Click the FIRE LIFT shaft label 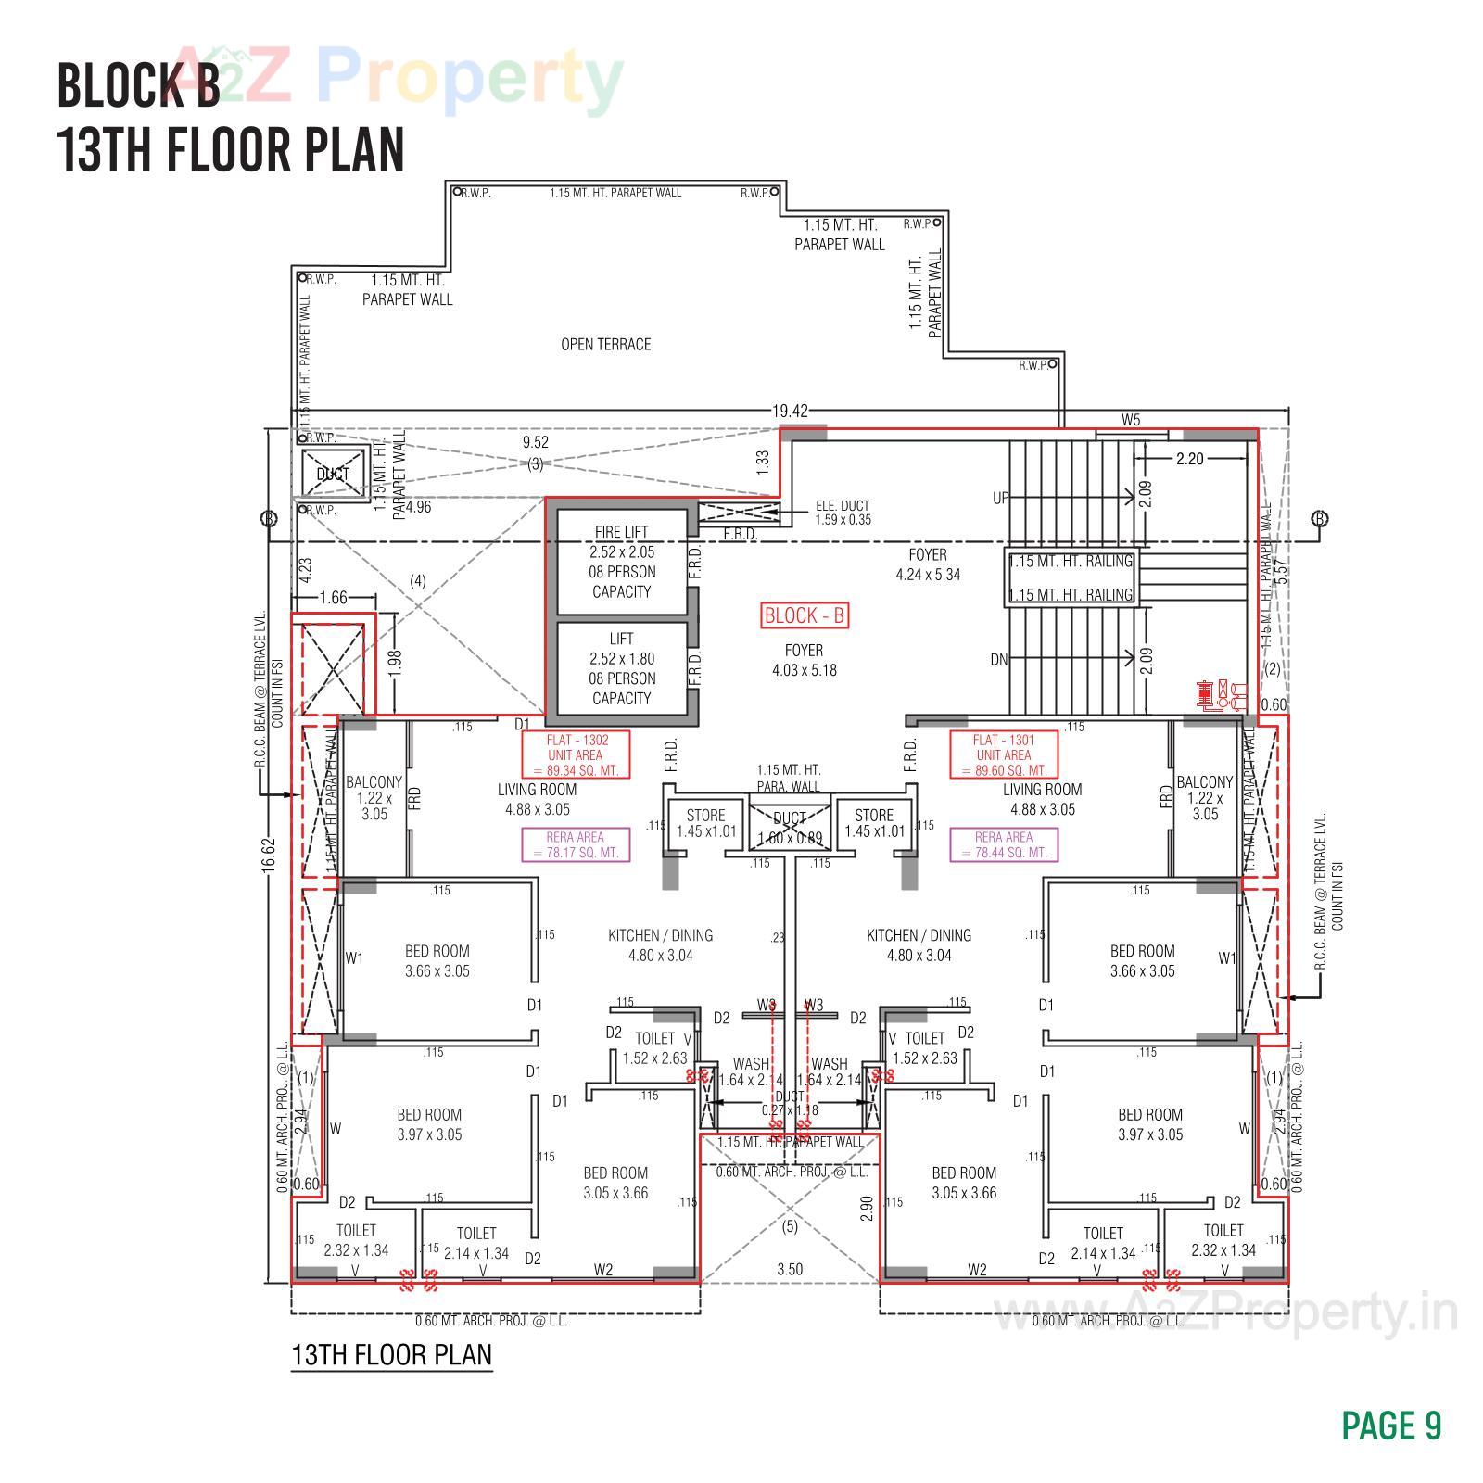pos(622,562)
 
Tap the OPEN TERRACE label pos(605,345)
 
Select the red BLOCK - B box pos(805,615)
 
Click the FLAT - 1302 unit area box pos(576,754)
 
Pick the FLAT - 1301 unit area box pos(1004,754)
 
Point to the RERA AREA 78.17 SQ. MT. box pos(576,844)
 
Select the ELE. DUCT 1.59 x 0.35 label pos(842,513)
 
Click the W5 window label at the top pos(1131,420)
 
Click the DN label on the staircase pos(999,660)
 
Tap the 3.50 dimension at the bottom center pos(790,1269)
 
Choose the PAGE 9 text pos(1391,1426)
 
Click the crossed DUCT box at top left pos(333,474)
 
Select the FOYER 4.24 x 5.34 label pos(928,564)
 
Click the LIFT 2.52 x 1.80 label pos(622,668)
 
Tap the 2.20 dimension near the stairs pos(1189,459)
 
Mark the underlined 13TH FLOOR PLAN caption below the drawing pos(391,1354)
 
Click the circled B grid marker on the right pos(1320,518)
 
